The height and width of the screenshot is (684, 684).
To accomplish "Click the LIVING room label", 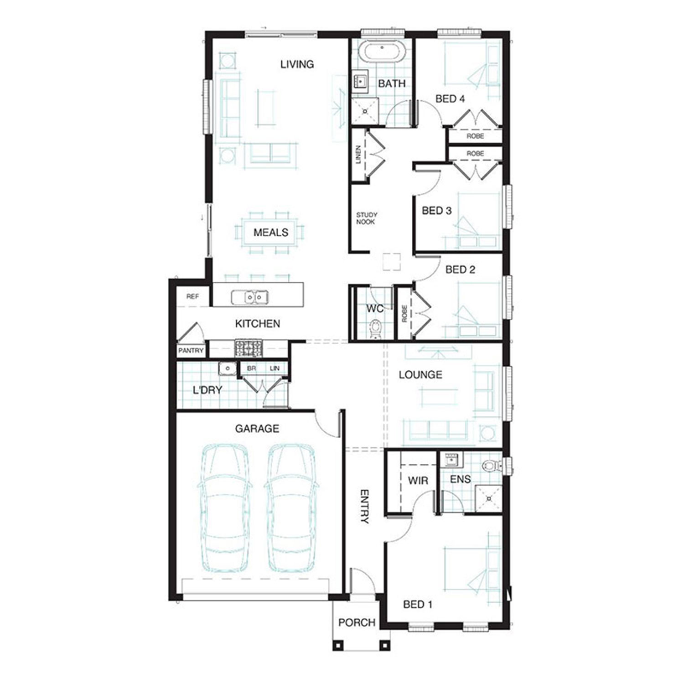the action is click(297, 64).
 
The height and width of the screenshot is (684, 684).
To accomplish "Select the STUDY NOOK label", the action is click(366, 218).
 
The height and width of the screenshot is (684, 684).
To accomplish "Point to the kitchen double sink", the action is click(249, 298).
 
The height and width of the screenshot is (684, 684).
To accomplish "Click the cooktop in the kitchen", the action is click(249, 348).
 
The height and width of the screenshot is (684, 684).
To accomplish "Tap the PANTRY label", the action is click(191, 351).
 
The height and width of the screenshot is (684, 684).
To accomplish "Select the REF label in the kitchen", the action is click(192, 296).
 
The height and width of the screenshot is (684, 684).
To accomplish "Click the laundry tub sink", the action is click(227, 368).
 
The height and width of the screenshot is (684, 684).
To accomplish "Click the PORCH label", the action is click(357, 622).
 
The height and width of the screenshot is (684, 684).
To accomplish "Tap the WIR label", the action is click(418, 481).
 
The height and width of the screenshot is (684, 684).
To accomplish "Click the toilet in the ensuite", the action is click(491, 466).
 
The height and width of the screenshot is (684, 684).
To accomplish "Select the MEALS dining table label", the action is click(271, 233).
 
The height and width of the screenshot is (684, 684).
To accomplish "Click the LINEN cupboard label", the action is click(358, 155).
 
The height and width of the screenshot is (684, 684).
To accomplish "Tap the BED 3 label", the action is click(436, 211).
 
